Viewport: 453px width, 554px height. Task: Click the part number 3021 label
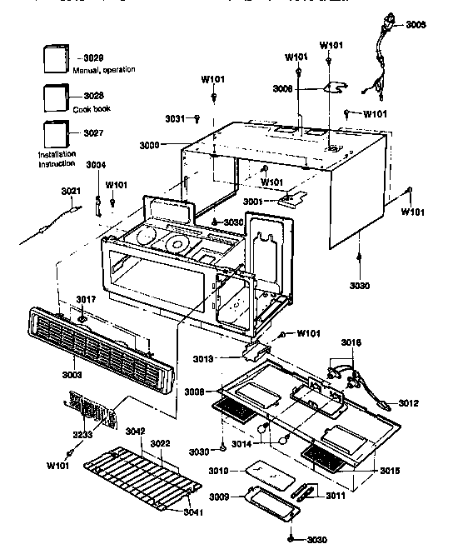(x=71, y=192)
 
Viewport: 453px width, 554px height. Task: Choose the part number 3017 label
(x=87, y=298)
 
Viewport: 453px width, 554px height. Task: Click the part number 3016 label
(x=351, y=342)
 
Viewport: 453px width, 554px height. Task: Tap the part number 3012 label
(x=408, y=403)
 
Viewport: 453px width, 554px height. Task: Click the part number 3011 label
(x=334, y=496)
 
